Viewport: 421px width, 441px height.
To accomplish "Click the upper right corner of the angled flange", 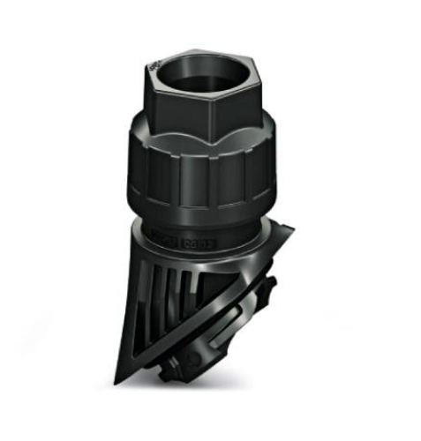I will (x=289, y=231).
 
